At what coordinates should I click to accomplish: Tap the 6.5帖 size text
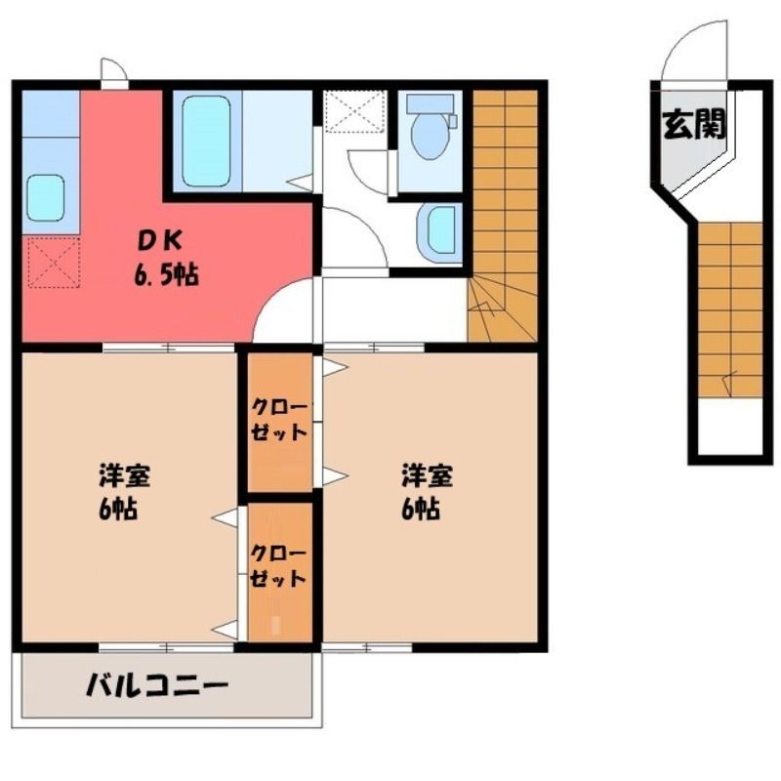coord(166,274)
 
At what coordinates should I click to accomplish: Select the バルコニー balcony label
coord(157,686)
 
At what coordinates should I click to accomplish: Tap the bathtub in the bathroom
coord(206,141)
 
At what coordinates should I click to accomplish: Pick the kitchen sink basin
coord(46,197)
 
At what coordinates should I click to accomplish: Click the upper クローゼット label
coord(278,420)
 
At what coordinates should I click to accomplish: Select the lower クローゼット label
coord(278,566)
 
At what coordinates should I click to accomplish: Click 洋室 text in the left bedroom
coord(125,475)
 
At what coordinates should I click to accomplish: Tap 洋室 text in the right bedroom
coord(428,475)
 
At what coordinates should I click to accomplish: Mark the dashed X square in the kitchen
coord(54,263)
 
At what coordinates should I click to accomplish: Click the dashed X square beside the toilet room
coord(355,111)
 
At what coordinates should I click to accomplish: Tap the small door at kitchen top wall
coord(114,73)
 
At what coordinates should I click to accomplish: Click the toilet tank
coord(432,104)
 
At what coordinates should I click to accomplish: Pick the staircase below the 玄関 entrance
coord(730,309)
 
